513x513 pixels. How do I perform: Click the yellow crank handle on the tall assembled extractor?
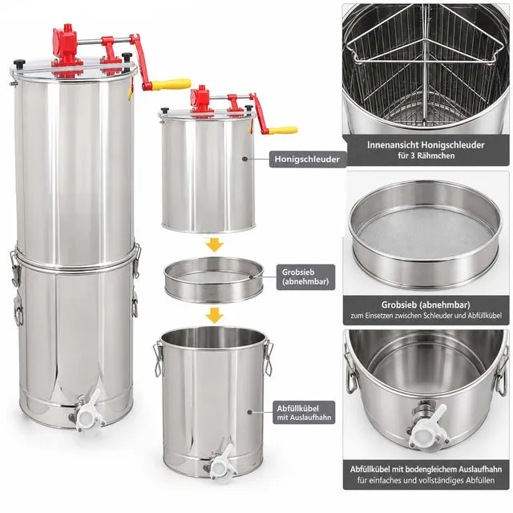point(171,83)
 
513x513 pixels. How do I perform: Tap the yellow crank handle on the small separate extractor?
point(283,131)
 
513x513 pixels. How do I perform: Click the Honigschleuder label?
point(307,160)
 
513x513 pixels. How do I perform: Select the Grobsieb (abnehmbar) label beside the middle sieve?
point(305,277)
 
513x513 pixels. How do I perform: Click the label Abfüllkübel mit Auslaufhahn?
point(304,413)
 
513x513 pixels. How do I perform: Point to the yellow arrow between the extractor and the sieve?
point(214,245)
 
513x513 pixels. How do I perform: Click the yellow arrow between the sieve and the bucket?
point(214,316)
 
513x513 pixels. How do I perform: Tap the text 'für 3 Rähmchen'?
point(426,156)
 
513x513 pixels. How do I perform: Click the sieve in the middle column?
point(214,279)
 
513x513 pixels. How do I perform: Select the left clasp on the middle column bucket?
point(159,358)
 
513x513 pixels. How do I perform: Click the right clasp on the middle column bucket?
point(269,357)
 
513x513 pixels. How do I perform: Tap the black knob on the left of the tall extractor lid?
point(19,63)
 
